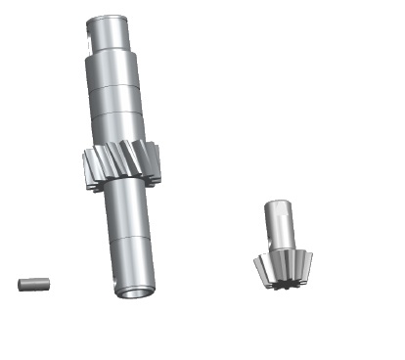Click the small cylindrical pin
pyautogui.click(x=33, y=284)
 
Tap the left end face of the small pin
pyautogui.click(x=21, y=284)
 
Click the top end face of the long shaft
pyautogui.click(x=111, y=17)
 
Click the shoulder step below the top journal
pyautogui.click(x=114, y=55)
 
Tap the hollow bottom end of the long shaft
pyautogui.click(x=133, y=291)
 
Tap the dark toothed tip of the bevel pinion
pyautogui.click(x=283, y=287)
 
